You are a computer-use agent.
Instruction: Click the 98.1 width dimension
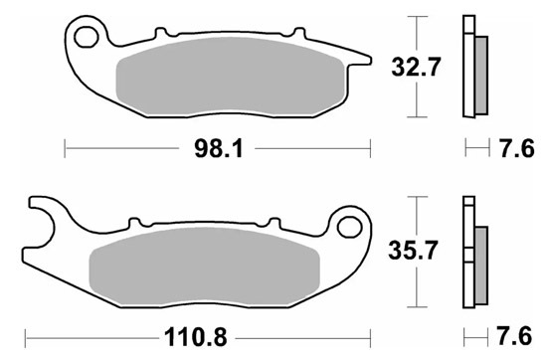[x=219, y=149]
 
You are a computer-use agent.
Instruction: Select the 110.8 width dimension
[x=195, y=337]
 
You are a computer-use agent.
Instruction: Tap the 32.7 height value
[x=416, y=67]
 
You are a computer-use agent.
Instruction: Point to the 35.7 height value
[x=413, y=251]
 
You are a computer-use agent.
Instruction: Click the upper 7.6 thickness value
[x=517, y=148]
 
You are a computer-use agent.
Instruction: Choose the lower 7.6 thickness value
[x=514, y=336]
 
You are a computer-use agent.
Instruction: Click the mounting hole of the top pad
[x=87, y=37]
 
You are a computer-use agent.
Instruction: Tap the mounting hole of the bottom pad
[x=349, y=227]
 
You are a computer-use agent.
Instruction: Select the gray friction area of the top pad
[x=231, y=76]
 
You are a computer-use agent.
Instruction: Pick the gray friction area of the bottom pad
[x=205, y=266]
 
